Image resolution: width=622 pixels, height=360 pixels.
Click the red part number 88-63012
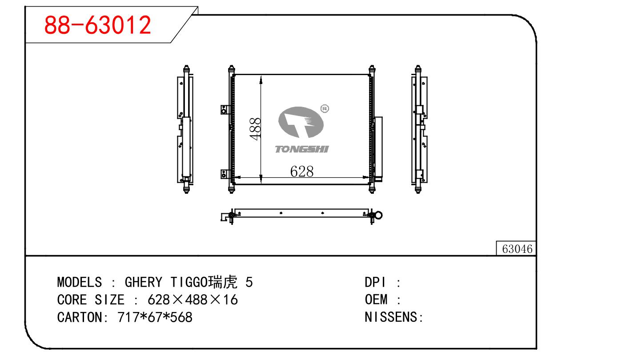[x=97, y=25]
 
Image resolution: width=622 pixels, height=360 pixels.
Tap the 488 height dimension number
[x=255, y=129]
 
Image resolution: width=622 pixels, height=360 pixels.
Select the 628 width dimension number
[x=302, y=171]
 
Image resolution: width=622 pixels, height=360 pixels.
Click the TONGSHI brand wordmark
[x=302, y=149]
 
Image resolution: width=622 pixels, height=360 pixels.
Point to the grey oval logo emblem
[x=301, y=122]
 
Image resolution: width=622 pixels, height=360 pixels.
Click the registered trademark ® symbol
[x=325, y=108]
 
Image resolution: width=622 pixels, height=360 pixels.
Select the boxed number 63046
[x=517, y=249]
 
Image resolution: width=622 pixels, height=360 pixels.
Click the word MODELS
[x=80, y=282]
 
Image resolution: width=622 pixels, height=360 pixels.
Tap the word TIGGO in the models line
[x=189, y=282]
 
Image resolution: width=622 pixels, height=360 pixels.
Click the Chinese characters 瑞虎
[x=223, y=282]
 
